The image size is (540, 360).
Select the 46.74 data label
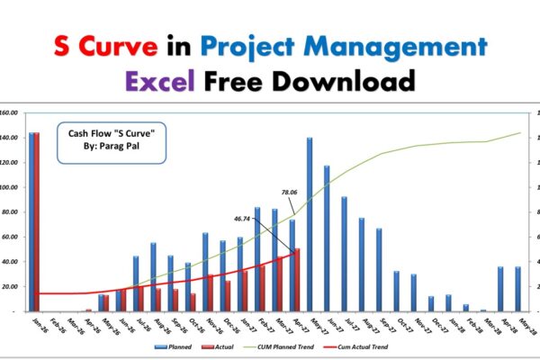tap(242, 218)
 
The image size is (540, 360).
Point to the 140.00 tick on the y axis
tap(9, 138)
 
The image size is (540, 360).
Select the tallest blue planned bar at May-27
tap(309, 224)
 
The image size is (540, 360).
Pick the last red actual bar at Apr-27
tap(297, 279)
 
